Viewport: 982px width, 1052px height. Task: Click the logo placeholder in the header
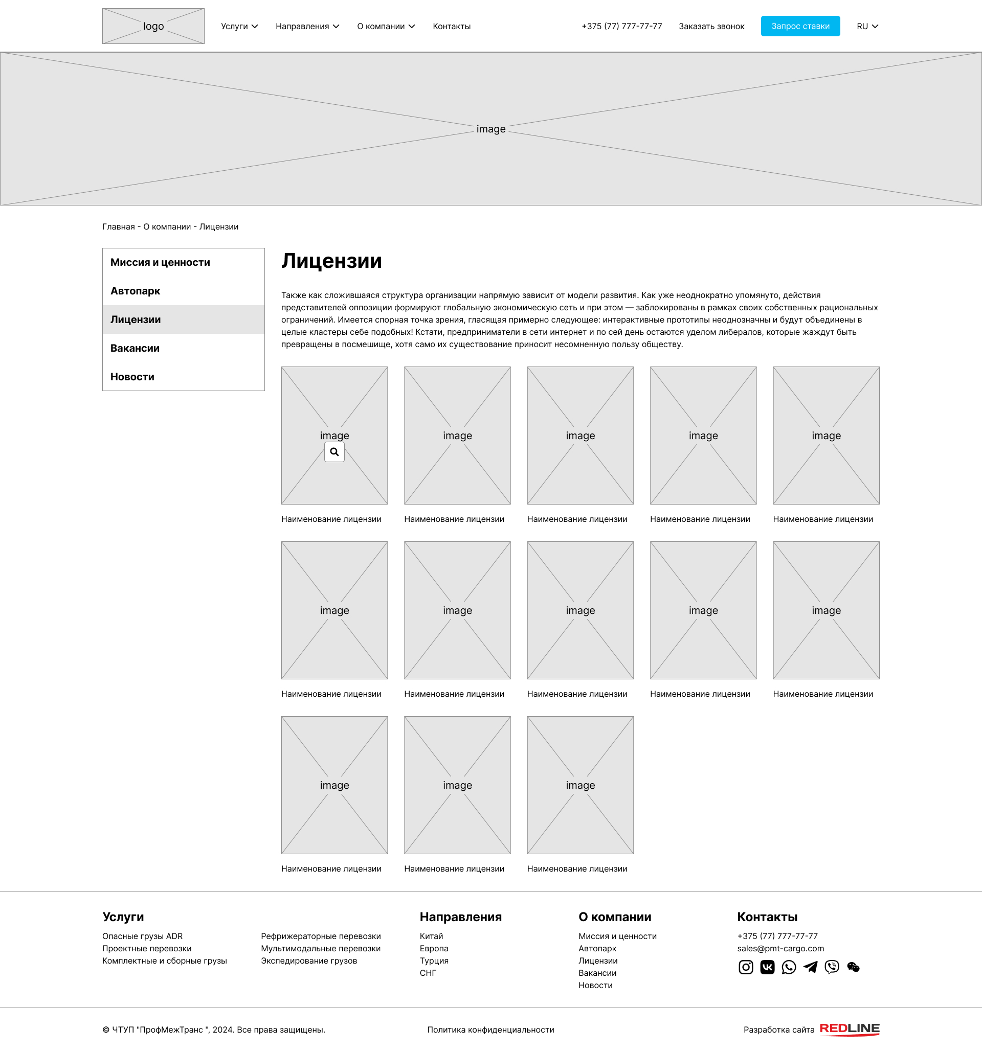tap(153, 26)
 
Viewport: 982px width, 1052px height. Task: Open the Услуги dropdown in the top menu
tap(239, 27)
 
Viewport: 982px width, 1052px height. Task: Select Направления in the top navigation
tap(307, 27)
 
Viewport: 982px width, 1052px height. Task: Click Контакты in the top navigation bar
tap(452, 27)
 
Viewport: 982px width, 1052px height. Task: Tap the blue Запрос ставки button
tap(800, 26)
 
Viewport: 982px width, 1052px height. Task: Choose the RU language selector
tap(867, 27)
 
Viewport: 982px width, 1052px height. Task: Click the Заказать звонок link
tap(711, 27)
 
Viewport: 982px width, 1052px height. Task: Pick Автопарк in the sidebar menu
tap(136, 291)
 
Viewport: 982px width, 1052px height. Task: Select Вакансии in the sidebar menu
tap(135, 348)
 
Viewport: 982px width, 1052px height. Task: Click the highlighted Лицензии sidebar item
tap(136, 319)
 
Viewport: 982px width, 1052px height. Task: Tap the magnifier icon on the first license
tap(334, 452)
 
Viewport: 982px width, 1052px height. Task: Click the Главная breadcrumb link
tap(118, 227)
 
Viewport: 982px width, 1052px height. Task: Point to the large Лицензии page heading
tap(331, 261)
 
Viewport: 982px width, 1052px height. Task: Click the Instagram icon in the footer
tap(745, 967)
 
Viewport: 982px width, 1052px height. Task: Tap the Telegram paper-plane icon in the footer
tap(810, 967)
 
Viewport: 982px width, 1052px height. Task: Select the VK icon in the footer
tap(767, 967)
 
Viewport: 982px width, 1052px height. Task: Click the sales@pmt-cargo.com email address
tap(780, 949)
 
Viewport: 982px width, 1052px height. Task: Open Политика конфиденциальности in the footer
tap(490, 1030)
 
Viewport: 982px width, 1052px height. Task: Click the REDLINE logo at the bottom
tap(849, 1029)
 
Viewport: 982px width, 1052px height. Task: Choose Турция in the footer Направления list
tap(434, 961)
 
